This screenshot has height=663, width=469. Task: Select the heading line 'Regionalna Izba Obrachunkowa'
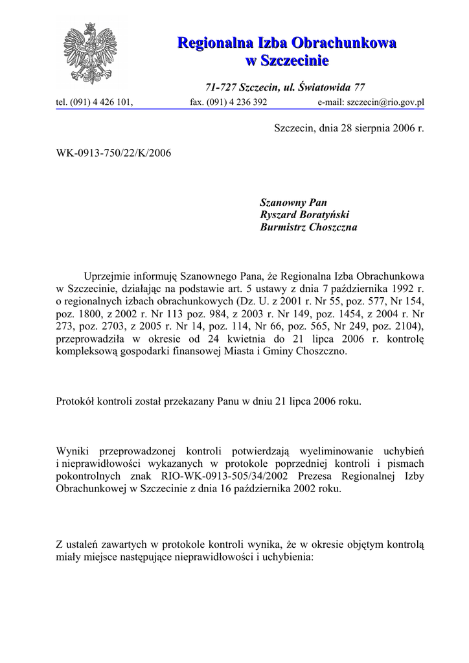click(287, 43)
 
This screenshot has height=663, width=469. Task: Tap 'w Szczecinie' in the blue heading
click(287, 61)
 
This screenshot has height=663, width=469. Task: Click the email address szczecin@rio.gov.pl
click(385, 102)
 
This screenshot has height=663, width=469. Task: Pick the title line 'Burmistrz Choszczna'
click(308, 228)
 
